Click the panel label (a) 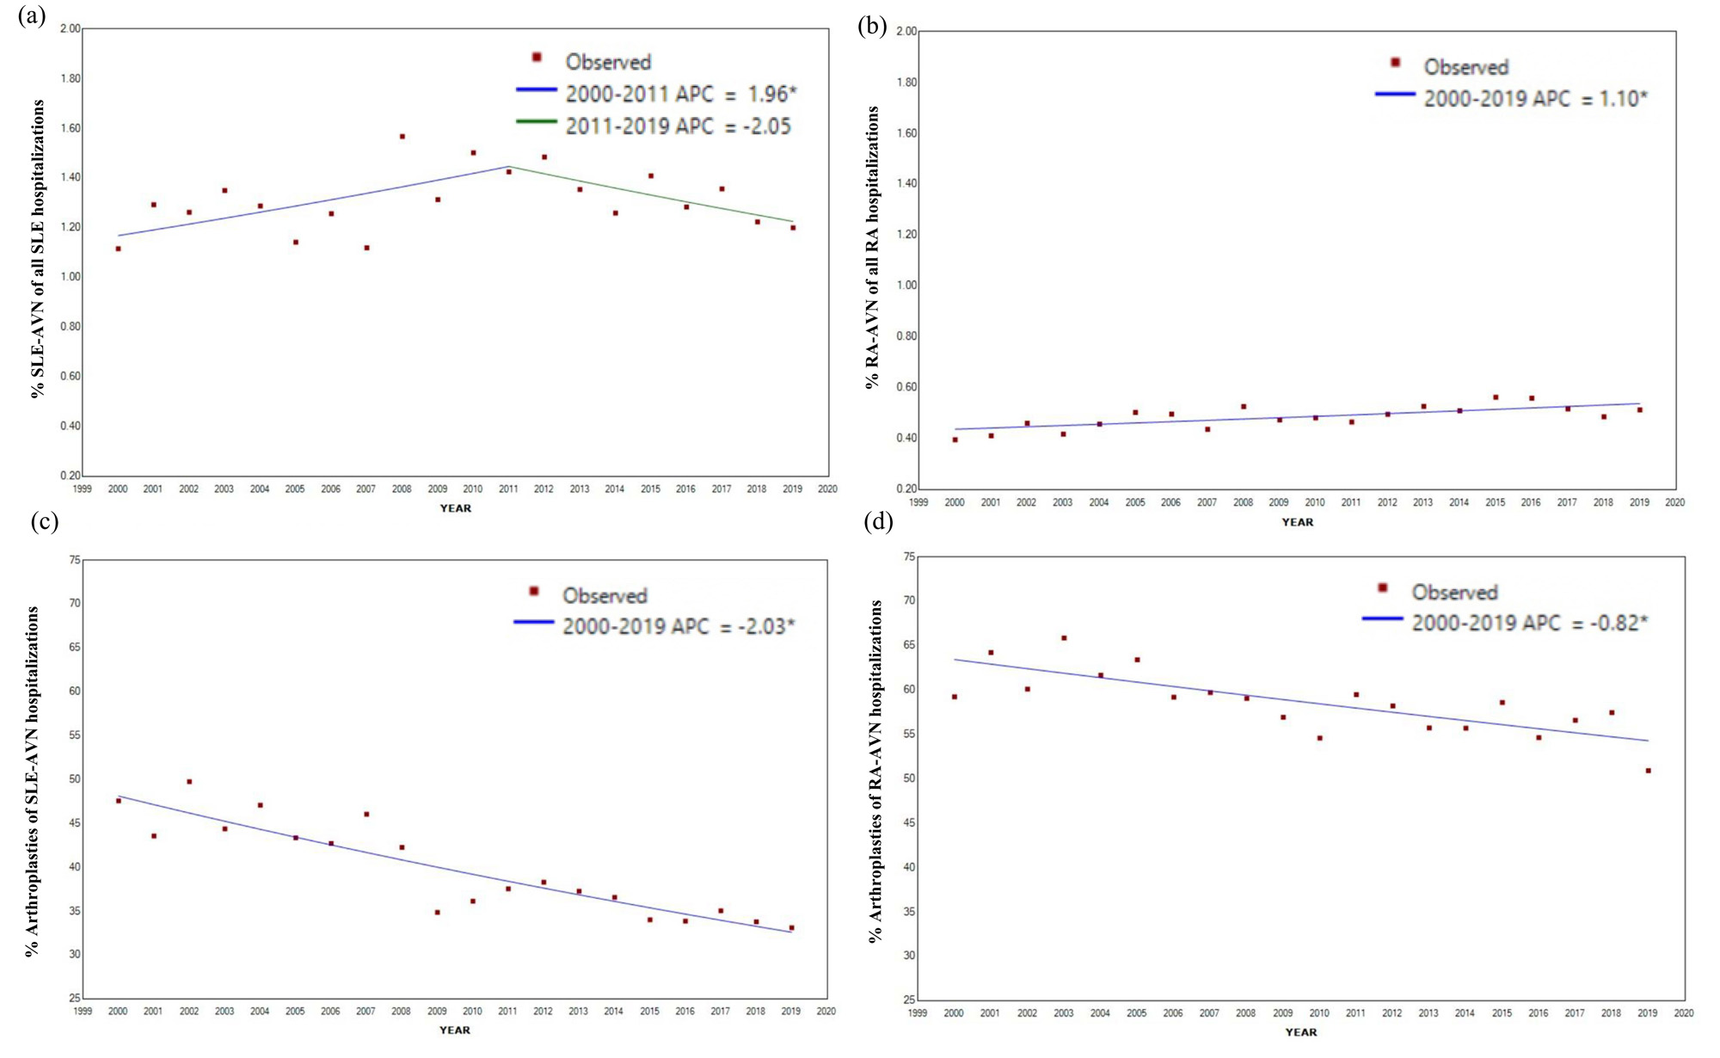tap(32, 15)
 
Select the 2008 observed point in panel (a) tap(402, 136)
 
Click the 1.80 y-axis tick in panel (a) tap(70, 78)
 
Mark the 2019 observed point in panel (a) tap(793, 228)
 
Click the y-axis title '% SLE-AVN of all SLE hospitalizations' tap(37, 249)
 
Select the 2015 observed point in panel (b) tap(1496, 397)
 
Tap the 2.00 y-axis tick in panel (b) tap(906, 32)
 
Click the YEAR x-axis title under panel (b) tap(1297, 522)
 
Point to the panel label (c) tap(44, 522)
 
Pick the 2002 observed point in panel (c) tap(189, 782)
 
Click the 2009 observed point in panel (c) tap(437, 912)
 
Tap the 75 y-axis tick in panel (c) tap(75, 560)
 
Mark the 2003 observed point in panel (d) tap(1064, 638)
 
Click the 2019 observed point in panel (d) tap(1648, 771)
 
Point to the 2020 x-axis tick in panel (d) tap(1684, 1013)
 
